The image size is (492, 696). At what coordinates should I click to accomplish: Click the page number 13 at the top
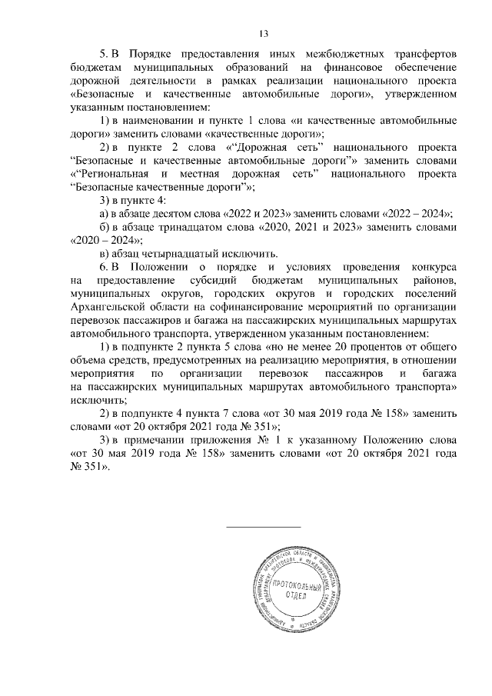(263, 33)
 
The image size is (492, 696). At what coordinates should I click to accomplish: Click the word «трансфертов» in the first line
(419, 55)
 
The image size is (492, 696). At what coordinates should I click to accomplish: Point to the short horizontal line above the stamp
(262, 526)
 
